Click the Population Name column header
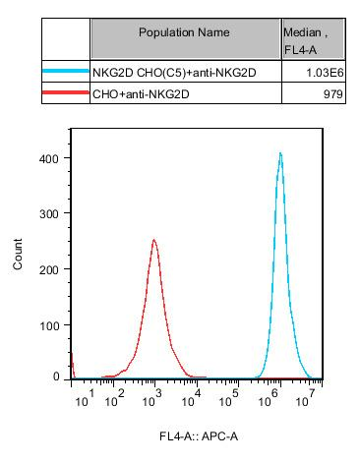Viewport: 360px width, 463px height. coord(185,32)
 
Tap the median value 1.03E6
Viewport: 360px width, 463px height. coord(324,72)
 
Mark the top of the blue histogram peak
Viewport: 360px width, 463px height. coord(280,153)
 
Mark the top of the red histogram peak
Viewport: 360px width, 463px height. coord(154,239)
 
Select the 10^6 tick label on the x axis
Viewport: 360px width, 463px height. coord(269,397)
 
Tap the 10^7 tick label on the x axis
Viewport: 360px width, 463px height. coord(306,397)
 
